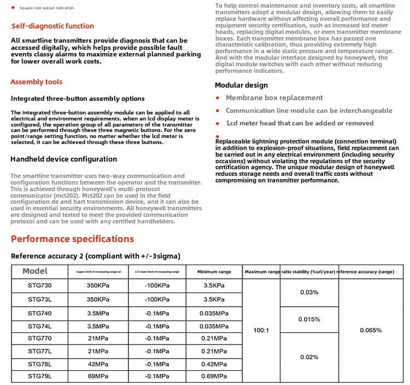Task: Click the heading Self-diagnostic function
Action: (52, 26)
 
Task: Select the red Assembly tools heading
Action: (37, 82)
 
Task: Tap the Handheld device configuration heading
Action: (64, 159)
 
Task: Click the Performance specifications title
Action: (72, 239)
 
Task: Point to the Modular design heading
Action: (241, 85)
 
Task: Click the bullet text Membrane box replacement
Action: (274, 98)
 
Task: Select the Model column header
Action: (35, 271)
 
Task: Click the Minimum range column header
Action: (214, 272)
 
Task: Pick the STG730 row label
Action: (40, 285)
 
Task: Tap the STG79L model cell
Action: (40, 376)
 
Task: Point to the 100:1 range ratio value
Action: (261, 330)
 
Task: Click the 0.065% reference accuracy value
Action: (371, 330)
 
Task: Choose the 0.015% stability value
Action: (309, 319)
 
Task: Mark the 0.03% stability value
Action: (309, 292)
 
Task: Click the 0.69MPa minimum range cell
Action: (214, 376)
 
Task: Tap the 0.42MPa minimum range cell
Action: (214, 364)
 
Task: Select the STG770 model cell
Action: (40, 338)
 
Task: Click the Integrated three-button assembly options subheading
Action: (78, 99)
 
